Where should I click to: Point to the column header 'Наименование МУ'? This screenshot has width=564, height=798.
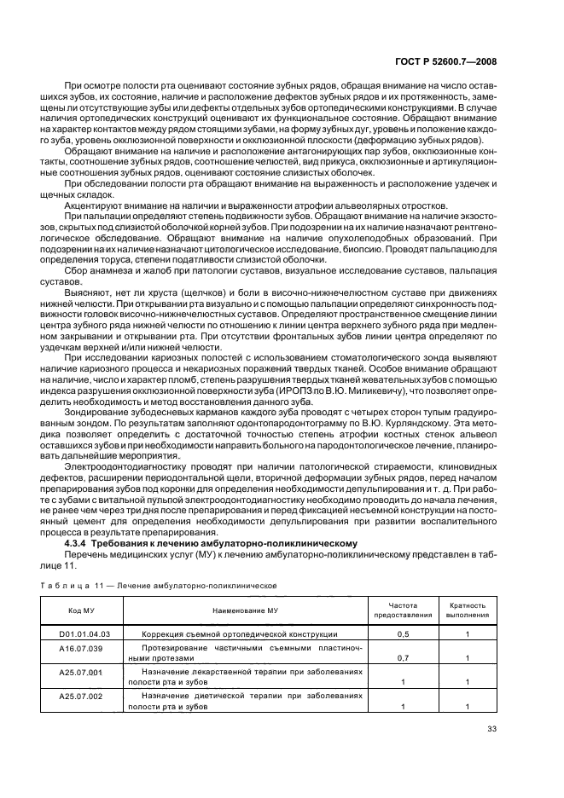click(x=245, y=610)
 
